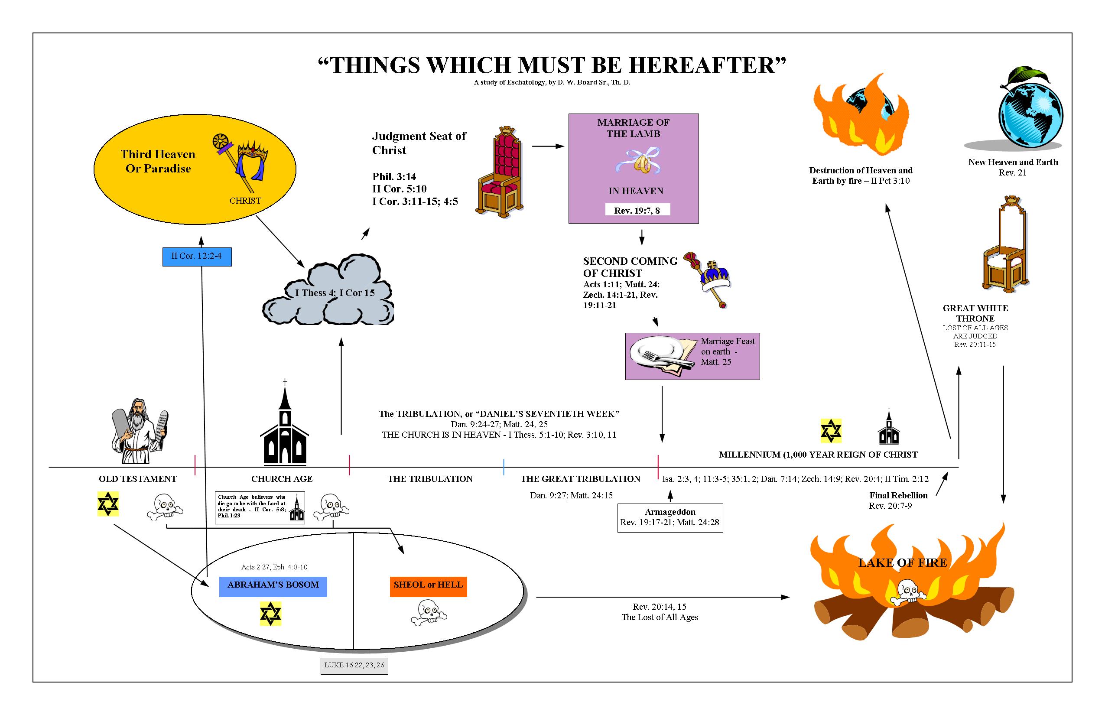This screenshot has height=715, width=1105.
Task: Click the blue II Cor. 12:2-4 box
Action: pos(197,256)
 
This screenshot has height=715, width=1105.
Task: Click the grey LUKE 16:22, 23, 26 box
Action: pos(354,665)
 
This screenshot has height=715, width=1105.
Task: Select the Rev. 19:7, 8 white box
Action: pos(637,210)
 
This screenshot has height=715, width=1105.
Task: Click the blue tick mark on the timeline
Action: pos(504,467)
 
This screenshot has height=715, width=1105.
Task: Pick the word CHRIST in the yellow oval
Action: pos(245,201)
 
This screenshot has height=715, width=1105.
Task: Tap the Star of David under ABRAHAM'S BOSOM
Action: pos(270,614)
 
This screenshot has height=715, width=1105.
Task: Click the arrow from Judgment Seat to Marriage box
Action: pos(548,146)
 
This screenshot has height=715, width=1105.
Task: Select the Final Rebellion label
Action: pos(898,495)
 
